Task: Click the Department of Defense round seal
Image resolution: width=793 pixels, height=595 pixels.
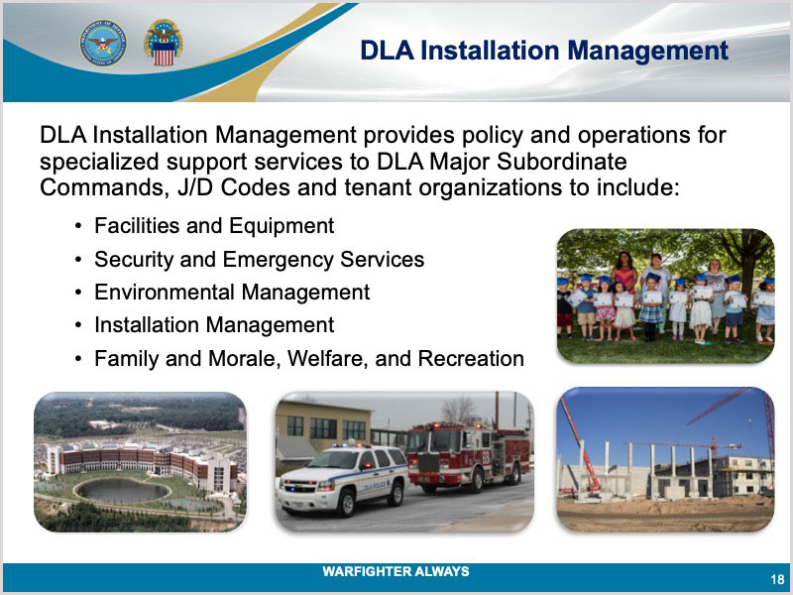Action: (x=103, y=44)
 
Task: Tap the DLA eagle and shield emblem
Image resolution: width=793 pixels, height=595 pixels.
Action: (x=163, y=43)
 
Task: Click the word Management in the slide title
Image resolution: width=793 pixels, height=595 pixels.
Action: (x=648, y=52)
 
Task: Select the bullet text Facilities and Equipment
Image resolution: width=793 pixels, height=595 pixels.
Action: (x=214, y=226)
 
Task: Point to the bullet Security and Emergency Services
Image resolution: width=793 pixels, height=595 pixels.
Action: (x=259, y=260)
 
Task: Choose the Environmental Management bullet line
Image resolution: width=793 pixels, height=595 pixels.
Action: (x=232, y=293)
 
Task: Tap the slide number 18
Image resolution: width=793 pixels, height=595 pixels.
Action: (x=777, y=579)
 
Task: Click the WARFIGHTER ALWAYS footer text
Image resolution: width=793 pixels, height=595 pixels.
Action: (x=396, y=571)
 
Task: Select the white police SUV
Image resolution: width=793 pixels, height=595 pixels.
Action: (x=343, y=478)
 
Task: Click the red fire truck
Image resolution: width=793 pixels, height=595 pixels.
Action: (x=468, y=456)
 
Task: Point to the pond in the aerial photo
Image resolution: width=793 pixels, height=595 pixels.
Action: (x=122, y=490)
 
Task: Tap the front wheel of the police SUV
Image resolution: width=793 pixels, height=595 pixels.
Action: (x=346, y=503)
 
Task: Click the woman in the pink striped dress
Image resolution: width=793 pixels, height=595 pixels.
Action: (x=624, y=275)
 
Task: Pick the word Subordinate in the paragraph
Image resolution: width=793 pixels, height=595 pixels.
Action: (x=562, y=162)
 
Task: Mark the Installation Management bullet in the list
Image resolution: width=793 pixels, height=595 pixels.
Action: (x=214, y=325)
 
